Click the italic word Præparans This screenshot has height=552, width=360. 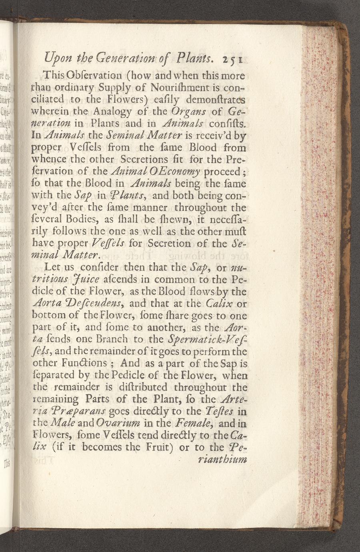tap(81, 412)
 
